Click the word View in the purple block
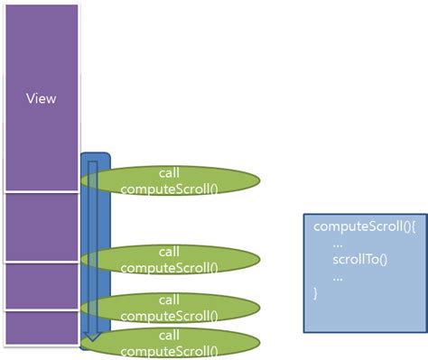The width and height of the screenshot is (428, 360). (41, 98)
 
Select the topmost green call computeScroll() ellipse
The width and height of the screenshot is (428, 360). (169, 180)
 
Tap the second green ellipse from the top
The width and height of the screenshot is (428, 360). (169, 259)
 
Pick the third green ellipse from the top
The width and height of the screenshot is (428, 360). (169, 307)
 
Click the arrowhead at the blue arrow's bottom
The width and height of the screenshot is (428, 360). (88, 340)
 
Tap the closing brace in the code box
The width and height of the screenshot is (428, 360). (315, 293)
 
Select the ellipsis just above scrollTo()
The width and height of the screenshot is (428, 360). (337, 244)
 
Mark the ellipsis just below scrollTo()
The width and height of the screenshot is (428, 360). (337, 277)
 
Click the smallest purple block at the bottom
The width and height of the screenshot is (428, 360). (41, 328)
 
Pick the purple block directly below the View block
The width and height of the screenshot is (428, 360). (41, 226)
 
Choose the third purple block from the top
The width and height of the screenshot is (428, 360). (41, 286)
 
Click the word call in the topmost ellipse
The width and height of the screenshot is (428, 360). (169, 172)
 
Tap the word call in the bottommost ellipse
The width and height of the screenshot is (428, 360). (169, 335)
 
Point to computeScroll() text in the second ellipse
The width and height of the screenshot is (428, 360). (169, 267)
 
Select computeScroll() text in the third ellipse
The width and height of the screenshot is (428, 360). (169, 315)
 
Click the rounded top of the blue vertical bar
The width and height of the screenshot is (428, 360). (95, 159)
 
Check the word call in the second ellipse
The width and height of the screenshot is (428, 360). (169, 252)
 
